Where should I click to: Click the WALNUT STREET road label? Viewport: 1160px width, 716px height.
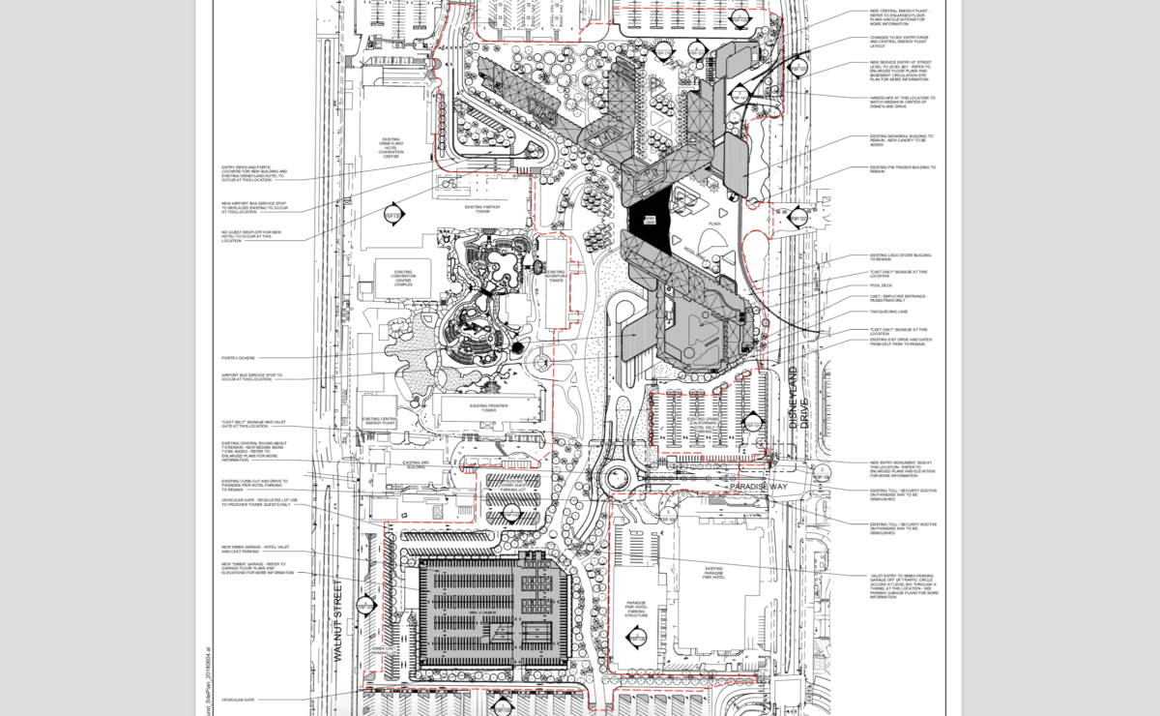coord(338,620)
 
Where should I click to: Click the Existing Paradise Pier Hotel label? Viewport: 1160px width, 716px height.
coord(713,572)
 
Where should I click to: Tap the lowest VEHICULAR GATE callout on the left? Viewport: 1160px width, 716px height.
coord(238,700)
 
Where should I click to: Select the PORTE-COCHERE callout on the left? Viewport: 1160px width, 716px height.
coord(237,357)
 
